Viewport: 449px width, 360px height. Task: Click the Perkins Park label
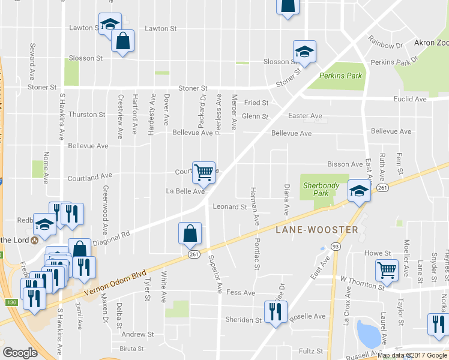click(340, 76)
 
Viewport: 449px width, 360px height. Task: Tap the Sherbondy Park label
click(321, 190)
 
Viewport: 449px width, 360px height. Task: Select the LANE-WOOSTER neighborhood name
click(316, 229)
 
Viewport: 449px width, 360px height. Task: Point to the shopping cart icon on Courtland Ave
click(204, 172)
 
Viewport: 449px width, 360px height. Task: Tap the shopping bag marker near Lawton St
click(122, 42)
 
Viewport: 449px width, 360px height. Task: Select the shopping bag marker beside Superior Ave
click(190, 234)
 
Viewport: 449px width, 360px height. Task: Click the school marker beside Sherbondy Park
click(358, 192)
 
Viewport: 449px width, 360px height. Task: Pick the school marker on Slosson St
click(304, 52)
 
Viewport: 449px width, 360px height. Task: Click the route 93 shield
click(335, 247)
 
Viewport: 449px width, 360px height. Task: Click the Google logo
click(20, 353)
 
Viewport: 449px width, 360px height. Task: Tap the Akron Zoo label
click(431, 43)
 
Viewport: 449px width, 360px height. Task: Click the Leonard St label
click(229, 207)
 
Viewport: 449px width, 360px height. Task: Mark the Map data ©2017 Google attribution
click(412, 355)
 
